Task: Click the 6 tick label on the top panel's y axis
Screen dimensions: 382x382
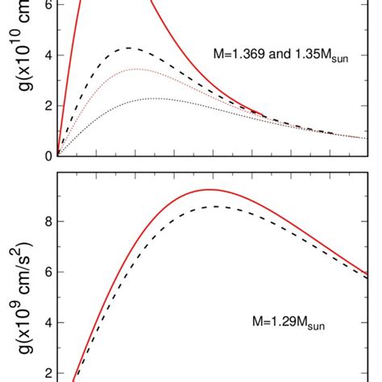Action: [48, 5]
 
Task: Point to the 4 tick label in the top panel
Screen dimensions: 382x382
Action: [48, 56]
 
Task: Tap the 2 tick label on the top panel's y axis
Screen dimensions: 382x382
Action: [48, 106]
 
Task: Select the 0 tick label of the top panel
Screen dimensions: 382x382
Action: [48, 156]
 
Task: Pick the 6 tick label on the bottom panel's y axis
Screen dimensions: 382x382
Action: [48, 272]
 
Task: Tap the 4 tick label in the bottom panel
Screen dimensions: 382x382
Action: [48, 322]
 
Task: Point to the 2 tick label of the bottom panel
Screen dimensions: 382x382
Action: [48, 373]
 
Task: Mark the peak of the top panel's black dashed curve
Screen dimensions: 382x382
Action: [129, 48]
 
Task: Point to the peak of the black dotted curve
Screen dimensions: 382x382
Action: [153, 98]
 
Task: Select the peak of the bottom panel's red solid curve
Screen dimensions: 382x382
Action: [209, 189]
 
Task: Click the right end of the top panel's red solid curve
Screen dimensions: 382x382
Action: [265, 116]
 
